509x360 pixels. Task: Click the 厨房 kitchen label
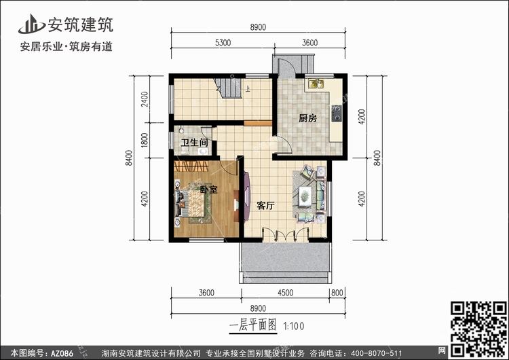(x=307, y=118)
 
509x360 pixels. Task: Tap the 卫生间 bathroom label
(x=195, y=143)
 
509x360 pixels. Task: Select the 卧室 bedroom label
(x=209, y=189)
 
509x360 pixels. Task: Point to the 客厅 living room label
(x=265, y=205)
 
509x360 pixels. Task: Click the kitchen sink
(x=316, y=84)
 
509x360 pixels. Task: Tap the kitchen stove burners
(x=337, y=113)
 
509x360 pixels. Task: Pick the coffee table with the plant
(x=305, y=196)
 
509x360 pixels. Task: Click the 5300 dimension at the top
(x=223, y=43)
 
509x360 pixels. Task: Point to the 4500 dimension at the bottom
(x=285, y=293)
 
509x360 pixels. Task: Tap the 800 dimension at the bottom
(x=337, y=293)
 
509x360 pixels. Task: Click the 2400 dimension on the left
(x=145, y=99)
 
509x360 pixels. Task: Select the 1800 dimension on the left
(x=145, y=140)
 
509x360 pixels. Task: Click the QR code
(x=478, y=329)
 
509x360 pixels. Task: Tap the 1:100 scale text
(x=293, y=326)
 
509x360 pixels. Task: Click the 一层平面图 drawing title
(x=253, y=325)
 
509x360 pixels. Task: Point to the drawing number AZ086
(x=62, y=353)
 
